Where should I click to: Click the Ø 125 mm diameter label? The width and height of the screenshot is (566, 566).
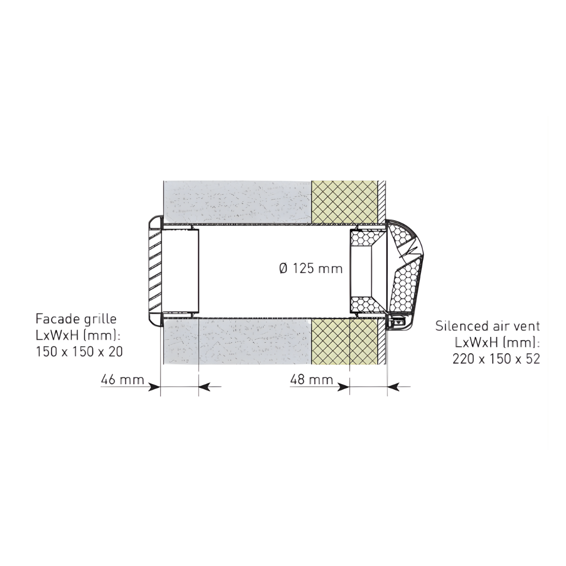tap(310, 268)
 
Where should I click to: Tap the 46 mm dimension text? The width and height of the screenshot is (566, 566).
tap(123, 379)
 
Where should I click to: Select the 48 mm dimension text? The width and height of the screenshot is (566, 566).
tap(312, 379)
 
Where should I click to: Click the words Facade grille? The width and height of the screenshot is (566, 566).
tap(76, 319)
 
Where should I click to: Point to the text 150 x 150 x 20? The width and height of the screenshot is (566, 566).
tap(79, 352)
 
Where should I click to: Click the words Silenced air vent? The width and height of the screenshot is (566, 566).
tap(487, 325)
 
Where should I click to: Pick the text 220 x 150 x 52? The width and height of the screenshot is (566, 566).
tap(496, 358)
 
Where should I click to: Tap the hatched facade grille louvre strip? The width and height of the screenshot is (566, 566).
tap(153, 269)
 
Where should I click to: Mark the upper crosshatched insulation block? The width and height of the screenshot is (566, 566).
tap(344, 202)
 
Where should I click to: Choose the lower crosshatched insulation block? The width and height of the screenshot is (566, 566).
tap(344, 341)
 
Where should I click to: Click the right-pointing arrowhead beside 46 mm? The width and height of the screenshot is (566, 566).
tap(155, 387)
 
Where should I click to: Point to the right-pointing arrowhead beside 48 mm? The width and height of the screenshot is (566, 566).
tap(344, 387)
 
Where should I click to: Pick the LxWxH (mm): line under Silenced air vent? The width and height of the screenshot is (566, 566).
tap(497, 342)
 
